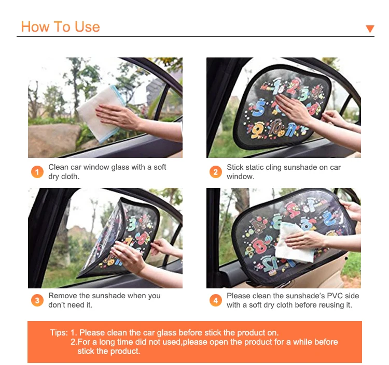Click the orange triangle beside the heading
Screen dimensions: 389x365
click(370, 28)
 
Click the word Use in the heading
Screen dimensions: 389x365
click(87, 27)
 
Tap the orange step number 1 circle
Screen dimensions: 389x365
click(37, 172)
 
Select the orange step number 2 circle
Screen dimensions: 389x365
click(216, 172)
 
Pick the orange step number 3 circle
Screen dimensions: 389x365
click(37, 300)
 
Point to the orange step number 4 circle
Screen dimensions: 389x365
click(216, 300)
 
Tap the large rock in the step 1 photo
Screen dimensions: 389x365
click(53, 140)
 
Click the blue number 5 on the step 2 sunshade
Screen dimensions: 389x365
click(259, 108)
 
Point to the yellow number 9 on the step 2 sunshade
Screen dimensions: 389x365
click(256, 130)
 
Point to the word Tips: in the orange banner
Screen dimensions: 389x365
click(59, 332)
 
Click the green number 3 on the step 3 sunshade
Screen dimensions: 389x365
click(132, 224)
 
